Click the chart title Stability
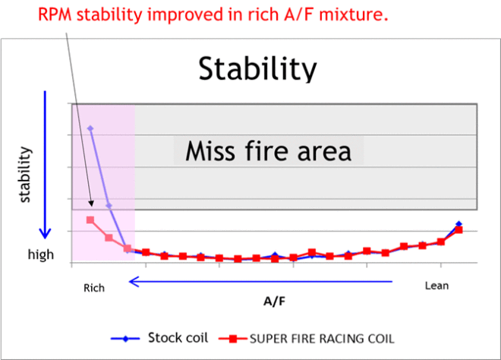[257, 69]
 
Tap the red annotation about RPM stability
[213, 14]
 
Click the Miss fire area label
[269, 151]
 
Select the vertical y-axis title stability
[25, 175]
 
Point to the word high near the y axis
[41, 254]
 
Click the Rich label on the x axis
[94, 288]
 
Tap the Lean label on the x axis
[436, 286]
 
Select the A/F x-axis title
[275, 302]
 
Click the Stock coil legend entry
[159, 338]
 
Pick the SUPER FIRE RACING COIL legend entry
[307, 339]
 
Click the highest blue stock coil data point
[90, 128]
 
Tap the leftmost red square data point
[90, 220]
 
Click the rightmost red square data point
[458, 230]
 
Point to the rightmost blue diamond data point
[458, 224]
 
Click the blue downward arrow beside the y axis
[45, 165]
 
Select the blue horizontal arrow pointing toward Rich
[260, 282]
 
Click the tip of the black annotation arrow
[92, 207]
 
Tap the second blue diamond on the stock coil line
[109, 206]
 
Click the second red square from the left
[109, 238]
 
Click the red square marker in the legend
[233, 339]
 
